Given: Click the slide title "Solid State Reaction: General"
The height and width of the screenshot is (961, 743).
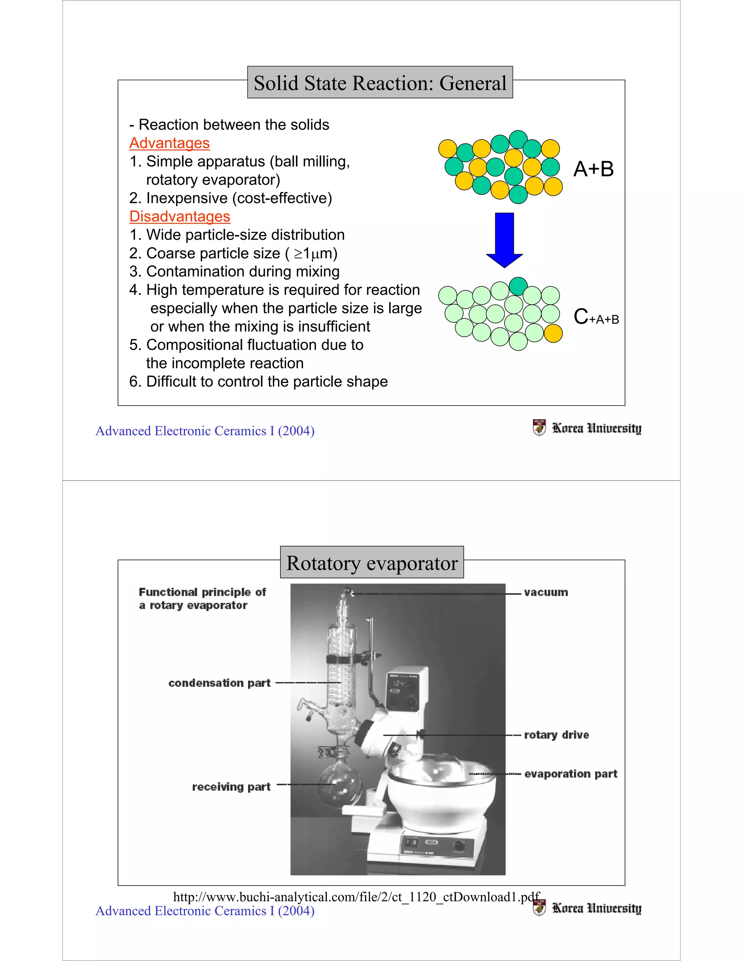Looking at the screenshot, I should click(x=380, y=83).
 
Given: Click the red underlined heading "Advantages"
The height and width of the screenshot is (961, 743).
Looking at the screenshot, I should click(x=169, y=143).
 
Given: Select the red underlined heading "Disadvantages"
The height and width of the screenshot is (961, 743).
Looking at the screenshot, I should click(x=180, y=216).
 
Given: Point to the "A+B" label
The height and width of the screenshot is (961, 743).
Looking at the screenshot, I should click(x=593, y=169).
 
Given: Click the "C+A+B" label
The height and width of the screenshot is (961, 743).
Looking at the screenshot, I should click(x=596, y=317).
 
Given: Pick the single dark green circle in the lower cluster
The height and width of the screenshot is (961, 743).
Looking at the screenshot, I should click(x=518, y=286).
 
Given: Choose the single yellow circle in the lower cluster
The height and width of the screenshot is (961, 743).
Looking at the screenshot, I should click(x=553, y=334).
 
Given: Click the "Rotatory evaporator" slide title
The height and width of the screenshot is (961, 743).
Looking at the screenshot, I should click(x=372, y=563).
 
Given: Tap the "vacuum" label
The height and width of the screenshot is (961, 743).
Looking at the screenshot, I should click(x=546, y=592).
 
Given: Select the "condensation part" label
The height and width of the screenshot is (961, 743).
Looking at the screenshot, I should click(x=219, y=683).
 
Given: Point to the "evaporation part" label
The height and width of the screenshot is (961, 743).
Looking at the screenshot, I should click(x=571, y=774).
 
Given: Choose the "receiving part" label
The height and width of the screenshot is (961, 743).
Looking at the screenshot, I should click(x=231, y=787).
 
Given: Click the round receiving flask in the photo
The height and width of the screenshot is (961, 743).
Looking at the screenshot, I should click(x=340, y=785).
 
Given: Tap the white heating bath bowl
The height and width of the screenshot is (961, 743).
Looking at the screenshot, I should click(x=440, y=796).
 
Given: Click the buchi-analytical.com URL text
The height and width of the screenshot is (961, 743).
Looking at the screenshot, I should click(x=357, y=897).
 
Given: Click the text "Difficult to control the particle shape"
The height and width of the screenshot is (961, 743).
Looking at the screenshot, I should click(x=267, y=381).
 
